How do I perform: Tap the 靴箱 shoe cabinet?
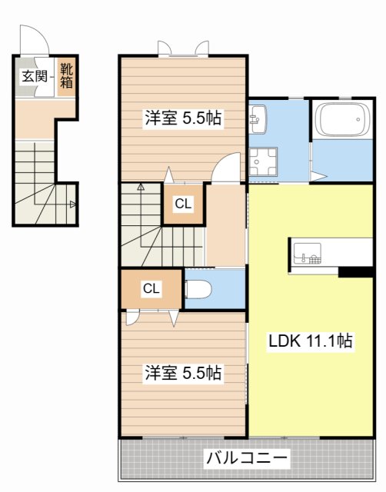(67, 75)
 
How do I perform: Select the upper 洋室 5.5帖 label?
(183, 118)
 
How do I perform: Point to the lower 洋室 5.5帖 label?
(183, 374)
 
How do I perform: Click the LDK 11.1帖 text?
(310, 340)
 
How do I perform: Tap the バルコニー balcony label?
(247, 459)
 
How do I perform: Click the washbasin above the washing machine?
(257, 118)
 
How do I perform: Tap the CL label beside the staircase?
(182, 204)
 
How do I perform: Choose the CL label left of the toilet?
(151, 288)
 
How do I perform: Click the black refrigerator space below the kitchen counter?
(354, 271)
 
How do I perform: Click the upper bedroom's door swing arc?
(226, 167)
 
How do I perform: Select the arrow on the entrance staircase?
(72, 204)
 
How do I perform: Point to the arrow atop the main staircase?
(141, 186)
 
